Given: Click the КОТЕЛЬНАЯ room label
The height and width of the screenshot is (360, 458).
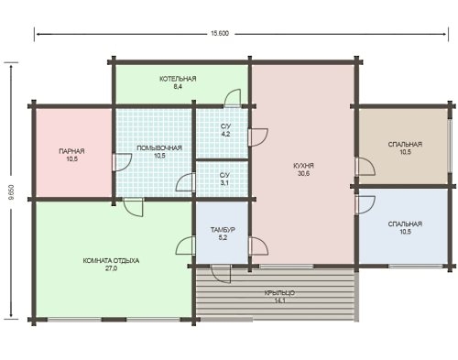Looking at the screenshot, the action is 178,79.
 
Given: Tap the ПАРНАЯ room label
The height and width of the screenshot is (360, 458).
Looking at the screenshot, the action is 71,151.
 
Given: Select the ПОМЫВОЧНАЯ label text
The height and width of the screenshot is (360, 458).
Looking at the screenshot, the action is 159,147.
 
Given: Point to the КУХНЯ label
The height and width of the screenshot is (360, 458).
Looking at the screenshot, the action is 303,166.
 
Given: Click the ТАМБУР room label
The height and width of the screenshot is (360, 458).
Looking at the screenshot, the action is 223,230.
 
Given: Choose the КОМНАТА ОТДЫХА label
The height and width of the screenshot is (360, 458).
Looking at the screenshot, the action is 111,261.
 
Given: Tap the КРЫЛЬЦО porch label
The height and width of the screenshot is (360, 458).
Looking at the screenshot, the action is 279,293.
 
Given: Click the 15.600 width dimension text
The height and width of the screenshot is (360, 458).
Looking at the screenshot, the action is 220,34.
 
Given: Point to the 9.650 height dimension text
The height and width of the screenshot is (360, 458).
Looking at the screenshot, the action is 12,193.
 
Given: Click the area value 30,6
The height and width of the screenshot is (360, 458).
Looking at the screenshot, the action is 303,173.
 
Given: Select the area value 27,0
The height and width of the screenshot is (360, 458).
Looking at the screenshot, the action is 111,268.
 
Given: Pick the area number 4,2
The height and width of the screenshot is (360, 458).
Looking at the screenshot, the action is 225,134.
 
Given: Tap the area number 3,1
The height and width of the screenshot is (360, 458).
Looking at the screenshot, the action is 224,183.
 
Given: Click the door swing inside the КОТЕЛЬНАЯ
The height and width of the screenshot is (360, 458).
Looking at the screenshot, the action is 233,98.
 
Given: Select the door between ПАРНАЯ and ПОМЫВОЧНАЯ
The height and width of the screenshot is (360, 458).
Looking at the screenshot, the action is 122,162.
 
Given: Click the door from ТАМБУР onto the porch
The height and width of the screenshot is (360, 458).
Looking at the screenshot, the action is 221,274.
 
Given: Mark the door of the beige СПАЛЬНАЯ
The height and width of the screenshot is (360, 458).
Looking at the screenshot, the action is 365,167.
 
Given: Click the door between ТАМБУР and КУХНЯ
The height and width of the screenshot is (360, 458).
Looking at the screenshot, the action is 258,245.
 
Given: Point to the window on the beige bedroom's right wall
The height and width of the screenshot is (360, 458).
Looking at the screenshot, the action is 450,146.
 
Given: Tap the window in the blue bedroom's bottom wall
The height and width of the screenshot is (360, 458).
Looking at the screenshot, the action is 416,267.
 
